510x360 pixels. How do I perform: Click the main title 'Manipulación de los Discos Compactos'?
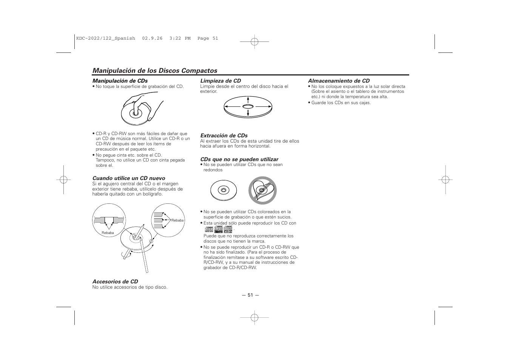click(x=155, y=71)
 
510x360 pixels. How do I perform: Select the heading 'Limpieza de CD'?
click(x=220, y=81)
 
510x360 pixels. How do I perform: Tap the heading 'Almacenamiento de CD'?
click(x=339, y=81)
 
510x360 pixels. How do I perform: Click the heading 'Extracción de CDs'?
click(x=223, y=135)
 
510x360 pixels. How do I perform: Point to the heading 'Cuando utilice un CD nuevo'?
click(x=129, y=178)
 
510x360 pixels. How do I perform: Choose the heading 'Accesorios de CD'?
click(x=115, y=282)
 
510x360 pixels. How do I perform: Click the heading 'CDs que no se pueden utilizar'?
click(x=239, y=159)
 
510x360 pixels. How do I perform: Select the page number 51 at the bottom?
click(x=250, y=295)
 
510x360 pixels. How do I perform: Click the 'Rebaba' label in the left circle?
click(x=108, y=233)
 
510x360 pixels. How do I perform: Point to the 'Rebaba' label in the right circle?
click(x=177, y=220)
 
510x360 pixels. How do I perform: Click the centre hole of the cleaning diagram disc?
click(x=248, y=107)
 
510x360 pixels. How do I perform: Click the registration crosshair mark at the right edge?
click(x=445, y=180)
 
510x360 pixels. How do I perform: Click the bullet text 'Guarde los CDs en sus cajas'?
click(x=341, y=103)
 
